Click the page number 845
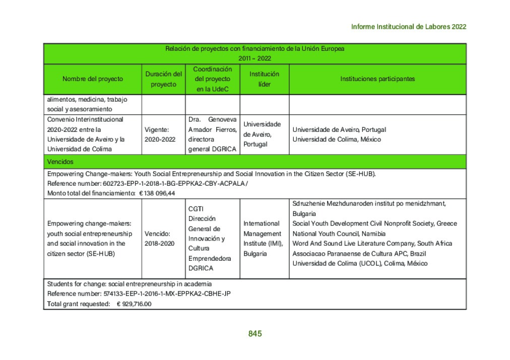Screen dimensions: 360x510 tap(255, 334)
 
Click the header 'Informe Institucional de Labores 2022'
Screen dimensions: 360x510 tap(409, 27)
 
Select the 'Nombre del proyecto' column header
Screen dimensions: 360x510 tap(93, 79)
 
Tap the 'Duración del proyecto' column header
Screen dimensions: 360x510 tap(164, 79)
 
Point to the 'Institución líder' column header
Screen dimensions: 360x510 tap(264, 79)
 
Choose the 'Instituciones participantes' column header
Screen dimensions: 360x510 tap(377, 79)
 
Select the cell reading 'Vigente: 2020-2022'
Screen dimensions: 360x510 tap(160, 134)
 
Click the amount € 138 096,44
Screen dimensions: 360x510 tap(157, 193)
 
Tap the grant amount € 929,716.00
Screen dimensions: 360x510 tap(134, 304)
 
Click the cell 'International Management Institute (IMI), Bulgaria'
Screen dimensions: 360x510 tap(263, 239)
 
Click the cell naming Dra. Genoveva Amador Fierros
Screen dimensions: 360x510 tap(212, 134)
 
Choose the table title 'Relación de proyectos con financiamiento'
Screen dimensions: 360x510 tap(254, 49)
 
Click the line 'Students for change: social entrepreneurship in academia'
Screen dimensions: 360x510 tap(129, 284)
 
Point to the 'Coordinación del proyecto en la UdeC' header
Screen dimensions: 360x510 tap(213, 79)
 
